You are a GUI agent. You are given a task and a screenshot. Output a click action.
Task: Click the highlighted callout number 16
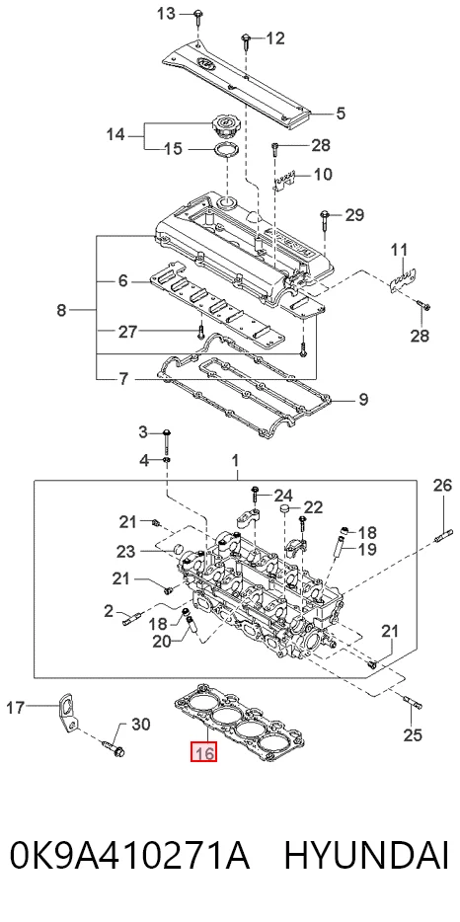click(x=203, y=752)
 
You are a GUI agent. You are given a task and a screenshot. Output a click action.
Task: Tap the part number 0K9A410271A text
click(x=130, y=856)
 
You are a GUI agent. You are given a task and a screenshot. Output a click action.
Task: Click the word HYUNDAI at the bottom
click(x=366, y=856)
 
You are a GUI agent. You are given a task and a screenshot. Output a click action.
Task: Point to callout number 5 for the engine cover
click(x=341, y=113)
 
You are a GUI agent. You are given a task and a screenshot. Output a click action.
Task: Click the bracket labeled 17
click(x=68, y=715)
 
